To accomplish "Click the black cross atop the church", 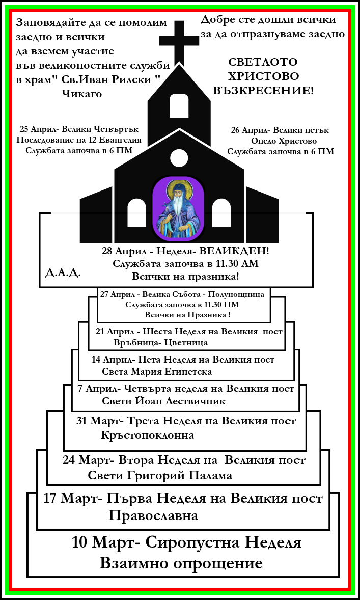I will click(178, 41).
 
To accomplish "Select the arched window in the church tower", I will click(178, 105).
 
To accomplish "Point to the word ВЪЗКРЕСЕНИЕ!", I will click(270, 91).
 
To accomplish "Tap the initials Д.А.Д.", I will click(59, 271).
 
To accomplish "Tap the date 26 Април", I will click(247, 130).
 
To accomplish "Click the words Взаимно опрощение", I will click(181, 563).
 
